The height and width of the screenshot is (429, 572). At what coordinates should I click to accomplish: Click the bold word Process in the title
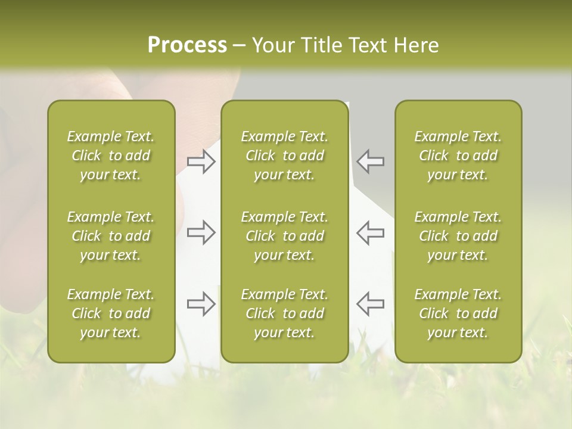(x=187, y=45)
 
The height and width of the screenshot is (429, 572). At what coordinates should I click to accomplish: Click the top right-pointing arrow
(x=201, y=161)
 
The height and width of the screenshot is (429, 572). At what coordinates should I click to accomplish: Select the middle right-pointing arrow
(x=201, y=232)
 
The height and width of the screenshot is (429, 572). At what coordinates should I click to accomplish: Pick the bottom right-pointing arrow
(x=201, y=304)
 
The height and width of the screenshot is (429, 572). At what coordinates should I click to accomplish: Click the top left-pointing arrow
(x=371, y=161)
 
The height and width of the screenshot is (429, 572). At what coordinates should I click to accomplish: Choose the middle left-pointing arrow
(x=371, y=232)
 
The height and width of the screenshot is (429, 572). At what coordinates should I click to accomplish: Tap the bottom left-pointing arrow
(x=371, y=304)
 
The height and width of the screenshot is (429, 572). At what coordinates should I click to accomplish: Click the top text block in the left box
(x=111, y=156)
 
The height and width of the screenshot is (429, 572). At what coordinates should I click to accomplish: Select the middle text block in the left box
(x=111, y=236)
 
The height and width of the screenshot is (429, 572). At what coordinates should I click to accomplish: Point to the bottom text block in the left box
(x=111, y=313)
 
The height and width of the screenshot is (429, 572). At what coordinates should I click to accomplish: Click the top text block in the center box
(x=285, y=156)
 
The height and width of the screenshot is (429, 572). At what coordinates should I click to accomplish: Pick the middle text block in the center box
(x=285, y=236)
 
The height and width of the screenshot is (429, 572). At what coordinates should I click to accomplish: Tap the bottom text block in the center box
(x=285, y=313)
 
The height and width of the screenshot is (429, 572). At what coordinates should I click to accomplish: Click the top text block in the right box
(x=458, y=156)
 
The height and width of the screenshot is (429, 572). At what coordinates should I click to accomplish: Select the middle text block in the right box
(x=458, y=236)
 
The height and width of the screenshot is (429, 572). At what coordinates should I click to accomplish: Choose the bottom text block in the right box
(x=458, y=313)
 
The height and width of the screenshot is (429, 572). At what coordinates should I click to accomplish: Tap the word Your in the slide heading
(x=273, y=45)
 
